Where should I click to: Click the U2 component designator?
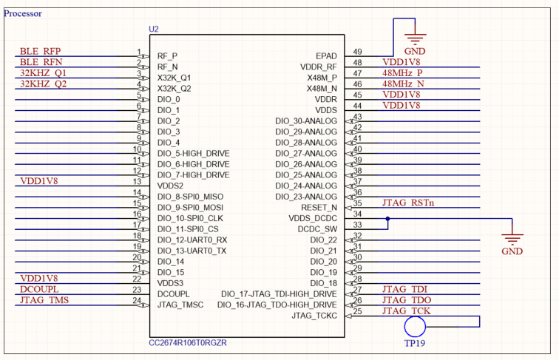click(154, 30)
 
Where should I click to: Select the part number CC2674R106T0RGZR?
click(188, 343)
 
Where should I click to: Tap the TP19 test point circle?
click(415, 327)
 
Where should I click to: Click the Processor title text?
click(23, 13)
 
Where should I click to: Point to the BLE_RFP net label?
click(40, 51)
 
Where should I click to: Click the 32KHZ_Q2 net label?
click(43, 84)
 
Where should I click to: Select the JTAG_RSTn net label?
click(408, 203)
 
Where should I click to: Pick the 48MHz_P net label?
click(402, 73)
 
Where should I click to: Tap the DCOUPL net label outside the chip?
click(39, 289)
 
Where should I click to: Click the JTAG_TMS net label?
click(44, 300)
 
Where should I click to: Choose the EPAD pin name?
click(326, 56)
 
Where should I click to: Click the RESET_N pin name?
click(319, 208)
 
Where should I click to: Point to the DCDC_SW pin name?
click(317, 229)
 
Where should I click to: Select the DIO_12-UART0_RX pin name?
click(192, 240)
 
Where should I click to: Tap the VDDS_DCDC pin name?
click(313, 219)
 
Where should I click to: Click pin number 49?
click(357, 52)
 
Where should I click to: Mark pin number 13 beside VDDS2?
click(138, 181)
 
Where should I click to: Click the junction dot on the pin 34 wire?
click(387, 219)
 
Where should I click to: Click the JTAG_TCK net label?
click(407, 310)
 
